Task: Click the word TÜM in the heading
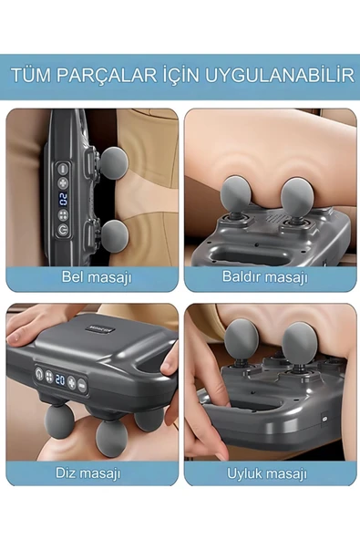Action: (30, 75)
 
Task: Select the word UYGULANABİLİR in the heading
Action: (280, 75)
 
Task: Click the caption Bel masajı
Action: (97, 277)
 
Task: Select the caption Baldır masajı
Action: (264, 276)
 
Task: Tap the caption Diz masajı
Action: (88, 472)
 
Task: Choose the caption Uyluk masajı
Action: (267, 473)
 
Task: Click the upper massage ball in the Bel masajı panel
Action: (114, 163)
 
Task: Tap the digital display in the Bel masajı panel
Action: (63, 199)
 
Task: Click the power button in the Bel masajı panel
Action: (63, 230)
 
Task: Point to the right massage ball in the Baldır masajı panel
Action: (296, 195)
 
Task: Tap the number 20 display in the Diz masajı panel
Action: (60, 379)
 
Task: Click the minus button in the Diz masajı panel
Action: (81, 384)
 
